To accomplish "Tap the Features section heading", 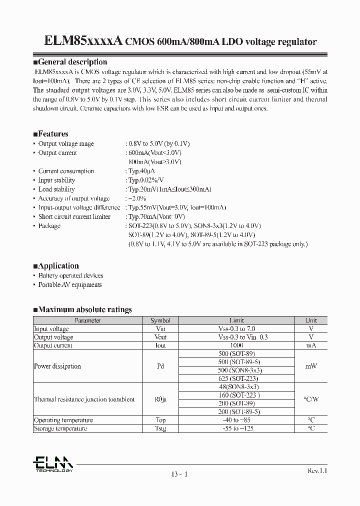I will pyautogui.click(x=50, y=134).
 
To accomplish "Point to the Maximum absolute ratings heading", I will pyautogui.click(x=82, y=309).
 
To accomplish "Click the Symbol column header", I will pyautogui.click(x=160, y=320).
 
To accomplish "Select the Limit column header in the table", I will pyautogui.click(x=236, y=320).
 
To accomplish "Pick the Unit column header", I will pyautogui.click(x=311, y=320).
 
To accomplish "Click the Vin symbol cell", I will pyautogui.click(x=160, y=329).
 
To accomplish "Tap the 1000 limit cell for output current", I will pyautogui.click(x=236, y=345).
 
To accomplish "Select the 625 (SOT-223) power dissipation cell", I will pyautogui.click(x=236, y=378).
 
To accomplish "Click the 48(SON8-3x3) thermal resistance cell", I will pyautogui.click(x=236, y=387).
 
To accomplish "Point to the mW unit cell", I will pyautogui.click(x=311, y=366).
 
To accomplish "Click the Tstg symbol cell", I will pyautogui.click(x=160, y=428).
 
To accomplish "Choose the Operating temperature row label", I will pyautogui.click(x=63, y=420).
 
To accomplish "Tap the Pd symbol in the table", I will pyautogui.click(x=160, y=366).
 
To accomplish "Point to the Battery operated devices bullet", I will pyautogui.click(x=70, y=275).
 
